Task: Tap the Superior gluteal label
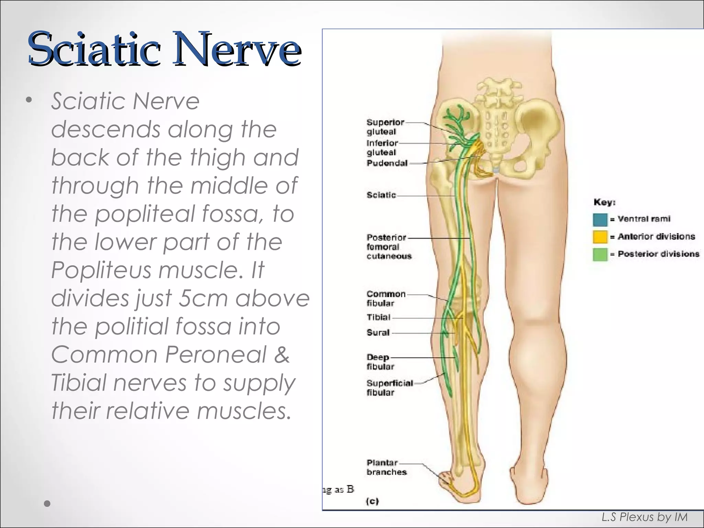pyautogui.click(x=385, y=127)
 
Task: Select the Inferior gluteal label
pyautogui.click(x=382, y=147)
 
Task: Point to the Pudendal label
pyautogui.click(x=387, y=163)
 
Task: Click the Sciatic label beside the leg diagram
pyautogui.click(x=381, y=195)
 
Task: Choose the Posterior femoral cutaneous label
pyautogui.click(x=388, y=246)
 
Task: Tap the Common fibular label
pyautogui.click(x=386, y=298)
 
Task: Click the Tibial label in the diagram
pyautogui.click(x=378, y=317)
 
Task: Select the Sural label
pyautogui.click(x=378, y=332)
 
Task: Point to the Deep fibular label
pyautogui.click(x=380, y=362)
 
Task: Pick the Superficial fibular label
pyautogui.click(x=389, y=387)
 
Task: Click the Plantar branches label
pyautogui.click(x=386, y=467)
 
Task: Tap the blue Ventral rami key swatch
pyautogui.click(x=600, y=219)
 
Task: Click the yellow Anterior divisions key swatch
pyautogui.click(x=600, y=237)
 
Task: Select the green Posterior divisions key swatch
pyautogui.click(x=600, y=254)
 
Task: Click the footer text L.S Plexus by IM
pyautogui.click(x=644, y=517)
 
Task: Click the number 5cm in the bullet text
pyautogui.click(x=203, y=298)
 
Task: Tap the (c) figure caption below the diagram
pyautogui.click(x=372, y=501)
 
